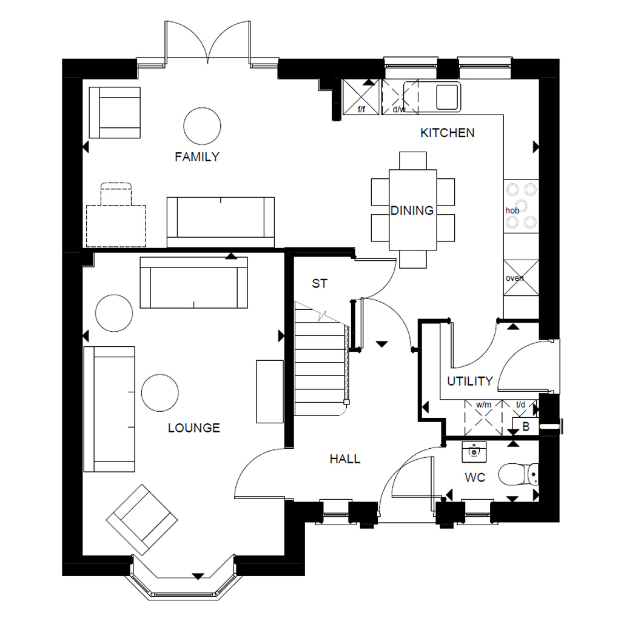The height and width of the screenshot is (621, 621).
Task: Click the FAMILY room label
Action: coord(196,157)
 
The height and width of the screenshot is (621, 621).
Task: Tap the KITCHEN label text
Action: coord(447,133)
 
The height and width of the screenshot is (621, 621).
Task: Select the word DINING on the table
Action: coord(412,210)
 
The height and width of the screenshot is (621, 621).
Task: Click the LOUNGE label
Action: coord(193,428)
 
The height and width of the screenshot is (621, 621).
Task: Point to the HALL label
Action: coord(344,459)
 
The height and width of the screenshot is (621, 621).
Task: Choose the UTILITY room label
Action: coord(469,381)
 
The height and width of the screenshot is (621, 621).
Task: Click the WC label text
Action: coord(475,478)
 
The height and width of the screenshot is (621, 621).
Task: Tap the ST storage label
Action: coord(320,283)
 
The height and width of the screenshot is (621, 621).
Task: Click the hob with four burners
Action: coord(521,206)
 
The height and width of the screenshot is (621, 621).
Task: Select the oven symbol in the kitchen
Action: coord(521,278)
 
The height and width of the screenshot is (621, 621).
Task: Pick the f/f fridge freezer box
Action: coord(361,97)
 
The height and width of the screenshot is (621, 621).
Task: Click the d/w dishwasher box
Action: coord(400,97)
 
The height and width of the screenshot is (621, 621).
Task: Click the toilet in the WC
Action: coord(522,474)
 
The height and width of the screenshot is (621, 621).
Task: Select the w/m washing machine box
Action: coord(483,418)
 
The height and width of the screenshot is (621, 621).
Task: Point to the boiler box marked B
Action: coord(525,426)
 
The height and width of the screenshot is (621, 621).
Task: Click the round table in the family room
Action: coord(202,125)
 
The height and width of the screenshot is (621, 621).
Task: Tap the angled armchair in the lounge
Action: coord(142,520)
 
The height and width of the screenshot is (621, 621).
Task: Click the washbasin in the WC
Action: coord(474,451)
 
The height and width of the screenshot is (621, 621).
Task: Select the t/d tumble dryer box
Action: coord(520,408)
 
